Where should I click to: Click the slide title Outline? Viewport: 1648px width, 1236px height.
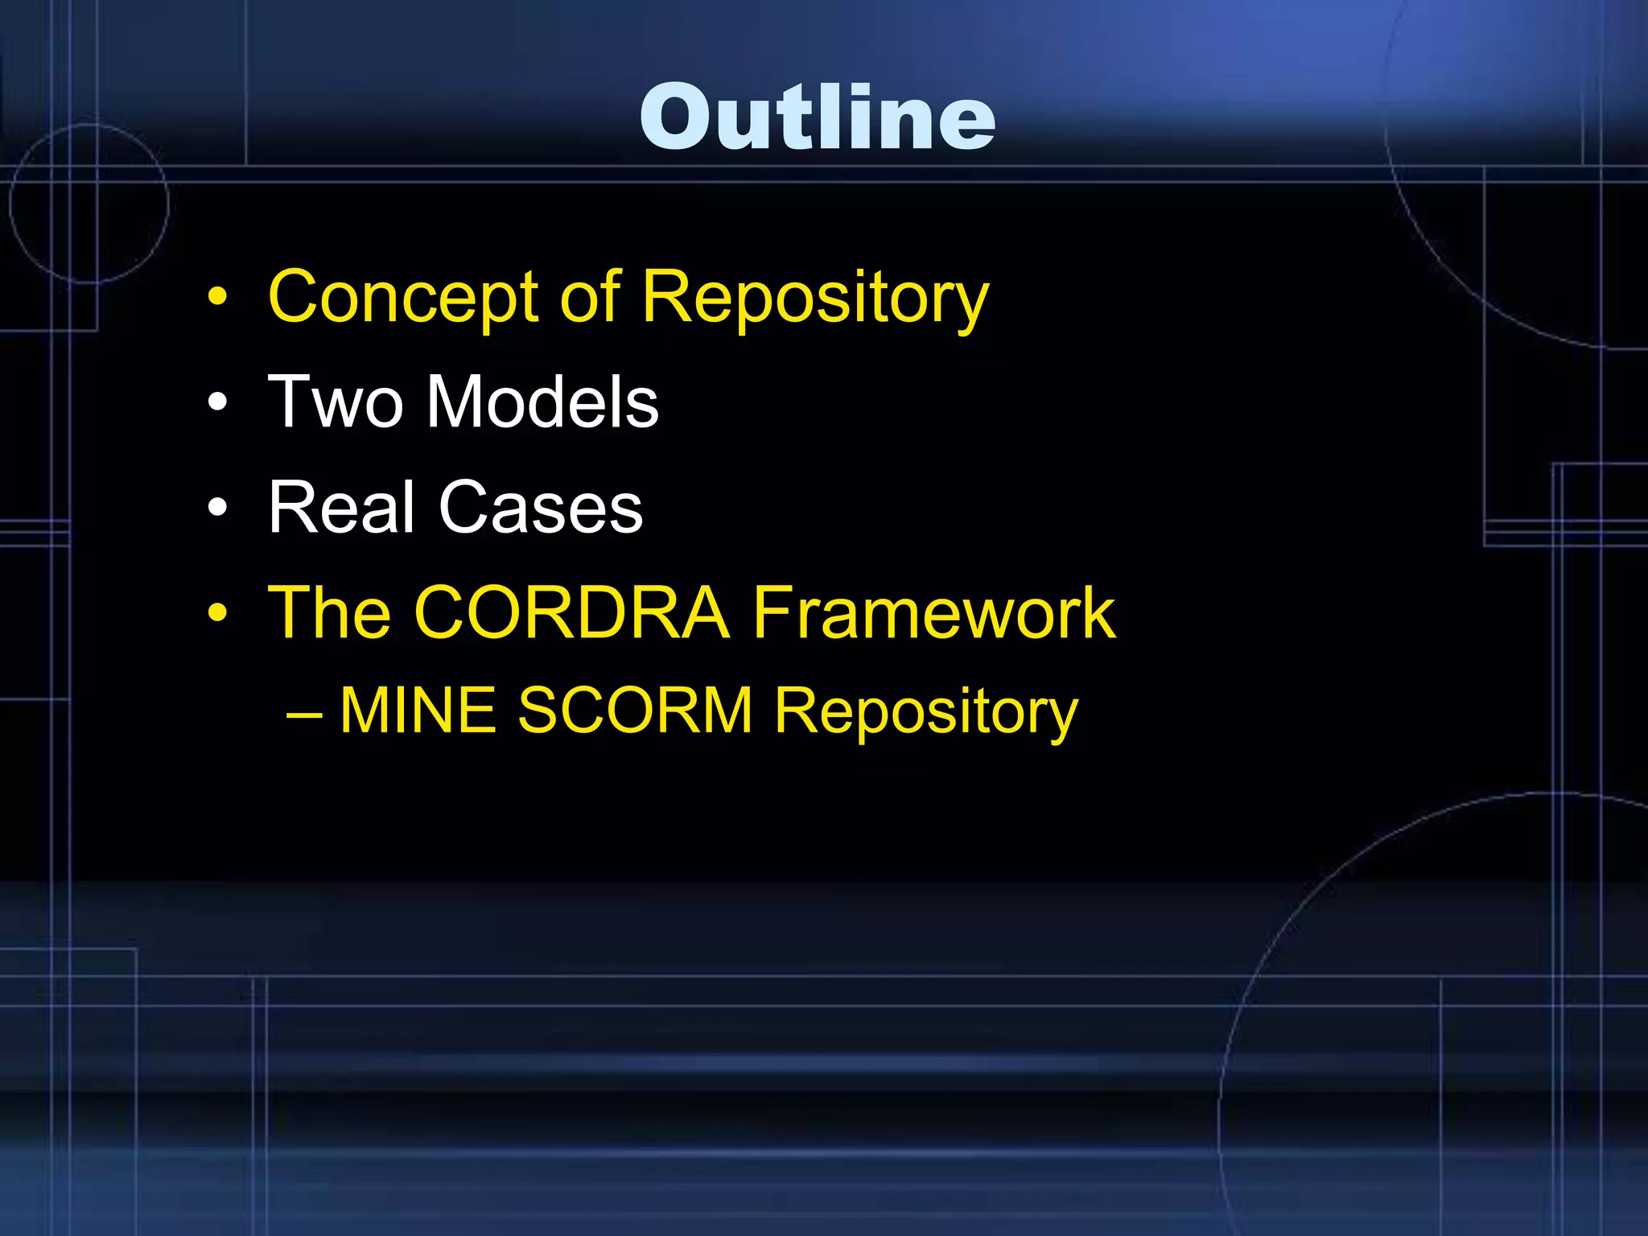click(818, 117)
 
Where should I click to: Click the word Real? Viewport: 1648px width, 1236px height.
click(341, 506)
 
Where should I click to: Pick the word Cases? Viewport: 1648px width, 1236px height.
click(541, 507)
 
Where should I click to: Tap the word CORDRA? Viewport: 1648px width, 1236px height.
click(572, 612)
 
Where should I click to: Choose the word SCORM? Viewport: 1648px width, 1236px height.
click(635, 710)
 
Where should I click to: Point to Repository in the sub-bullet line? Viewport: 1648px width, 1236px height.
click(926, 713)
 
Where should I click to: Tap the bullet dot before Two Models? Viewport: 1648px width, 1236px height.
click(217, 402)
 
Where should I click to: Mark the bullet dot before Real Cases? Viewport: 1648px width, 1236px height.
click(217, 508)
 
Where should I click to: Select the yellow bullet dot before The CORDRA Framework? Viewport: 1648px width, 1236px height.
click(217, 613)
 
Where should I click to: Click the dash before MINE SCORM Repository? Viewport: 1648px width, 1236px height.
click(304, 714)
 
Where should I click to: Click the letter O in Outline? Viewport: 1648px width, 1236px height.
click(678, 117)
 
